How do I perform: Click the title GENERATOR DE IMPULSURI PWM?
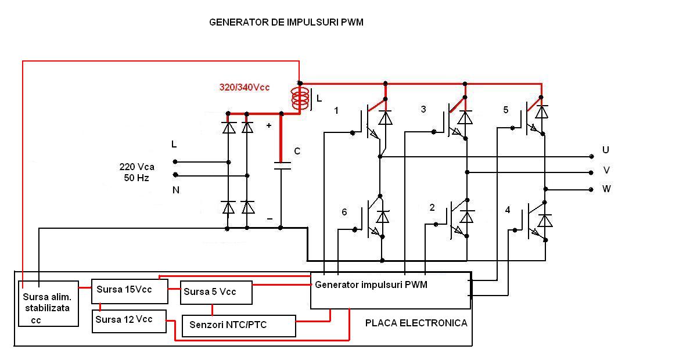pos(286,23)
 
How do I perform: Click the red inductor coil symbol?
pos(300,99)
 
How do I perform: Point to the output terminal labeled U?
pos(591,156)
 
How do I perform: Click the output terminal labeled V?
pos(591,172)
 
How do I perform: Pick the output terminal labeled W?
pos(591,189)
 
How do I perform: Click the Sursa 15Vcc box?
pos(130,290)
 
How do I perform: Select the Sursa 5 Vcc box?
pos(216,292)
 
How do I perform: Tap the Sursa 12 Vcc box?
pos(129,321)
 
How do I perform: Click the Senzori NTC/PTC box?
pos(238,325)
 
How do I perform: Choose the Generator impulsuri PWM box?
pos(390,290)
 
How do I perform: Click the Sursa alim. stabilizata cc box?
pos(48,303)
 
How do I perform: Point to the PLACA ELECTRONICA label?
pos(416,323)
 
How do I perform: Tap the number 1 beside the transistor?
pos(336,110)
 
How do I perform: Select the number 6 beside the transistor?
pos(344,213)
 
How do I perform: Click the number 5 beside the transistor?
pos(505,110)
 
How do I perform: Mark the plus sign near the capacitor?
pos(268,125)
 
